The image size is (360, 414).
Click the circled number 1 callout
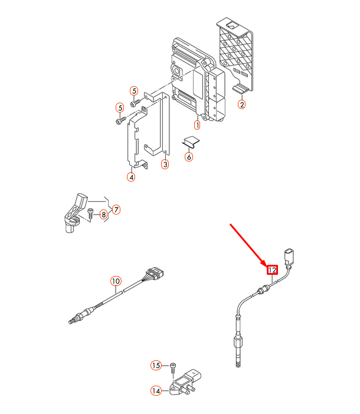point(197,125)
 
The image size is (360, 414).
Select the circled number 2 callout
point(242,104)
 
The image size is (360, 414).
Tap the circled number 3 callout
point(165,165)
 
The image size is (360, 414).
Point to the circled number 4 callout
point(131,177)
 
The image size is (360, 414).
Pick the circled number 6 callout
point(189,157)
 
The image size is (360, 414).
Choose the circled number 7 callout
point(116,209)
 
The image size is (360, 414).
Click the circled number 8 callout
point(103,215)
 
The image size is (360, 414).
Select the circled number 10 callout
point(116,281)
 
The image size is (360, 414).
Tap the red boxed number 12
point(272,270)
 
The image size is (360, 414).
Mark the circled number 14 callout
point(156,391)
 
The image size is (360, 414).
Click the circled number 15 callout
point(156,366)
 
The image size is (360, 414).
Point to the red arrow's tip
point(266,266)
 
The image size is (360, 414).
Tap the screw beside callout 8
point(90,213)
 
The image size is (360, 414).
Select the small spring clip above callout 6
point(191,142)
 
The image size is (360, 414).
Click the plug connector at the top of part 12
point(289,257)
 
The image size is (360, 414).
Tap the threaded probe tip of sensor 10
point(71,321)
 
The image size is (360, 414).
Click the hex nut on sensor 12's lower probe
point(238,343)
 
